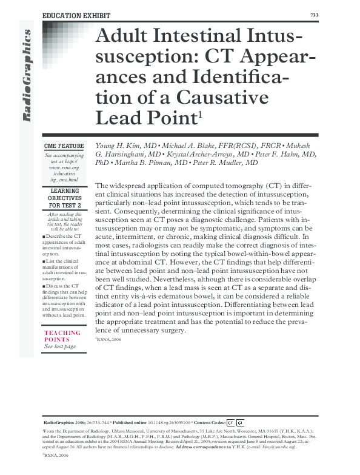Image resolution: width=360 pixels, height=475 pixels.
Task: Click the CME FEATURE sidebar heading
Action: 64,146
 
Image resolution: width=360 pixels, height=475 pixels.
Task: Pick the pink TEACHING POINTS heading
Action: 62,336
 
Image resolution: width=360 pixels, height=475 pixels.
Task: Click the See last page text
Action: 61,346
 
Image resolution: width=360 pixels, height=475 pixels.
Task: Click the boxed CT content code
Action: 230,422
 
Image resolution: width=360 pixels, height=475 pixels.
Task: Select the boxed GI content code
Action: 240,422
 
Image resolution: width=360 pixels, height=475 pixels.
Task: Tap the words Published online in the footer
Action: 133,422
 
